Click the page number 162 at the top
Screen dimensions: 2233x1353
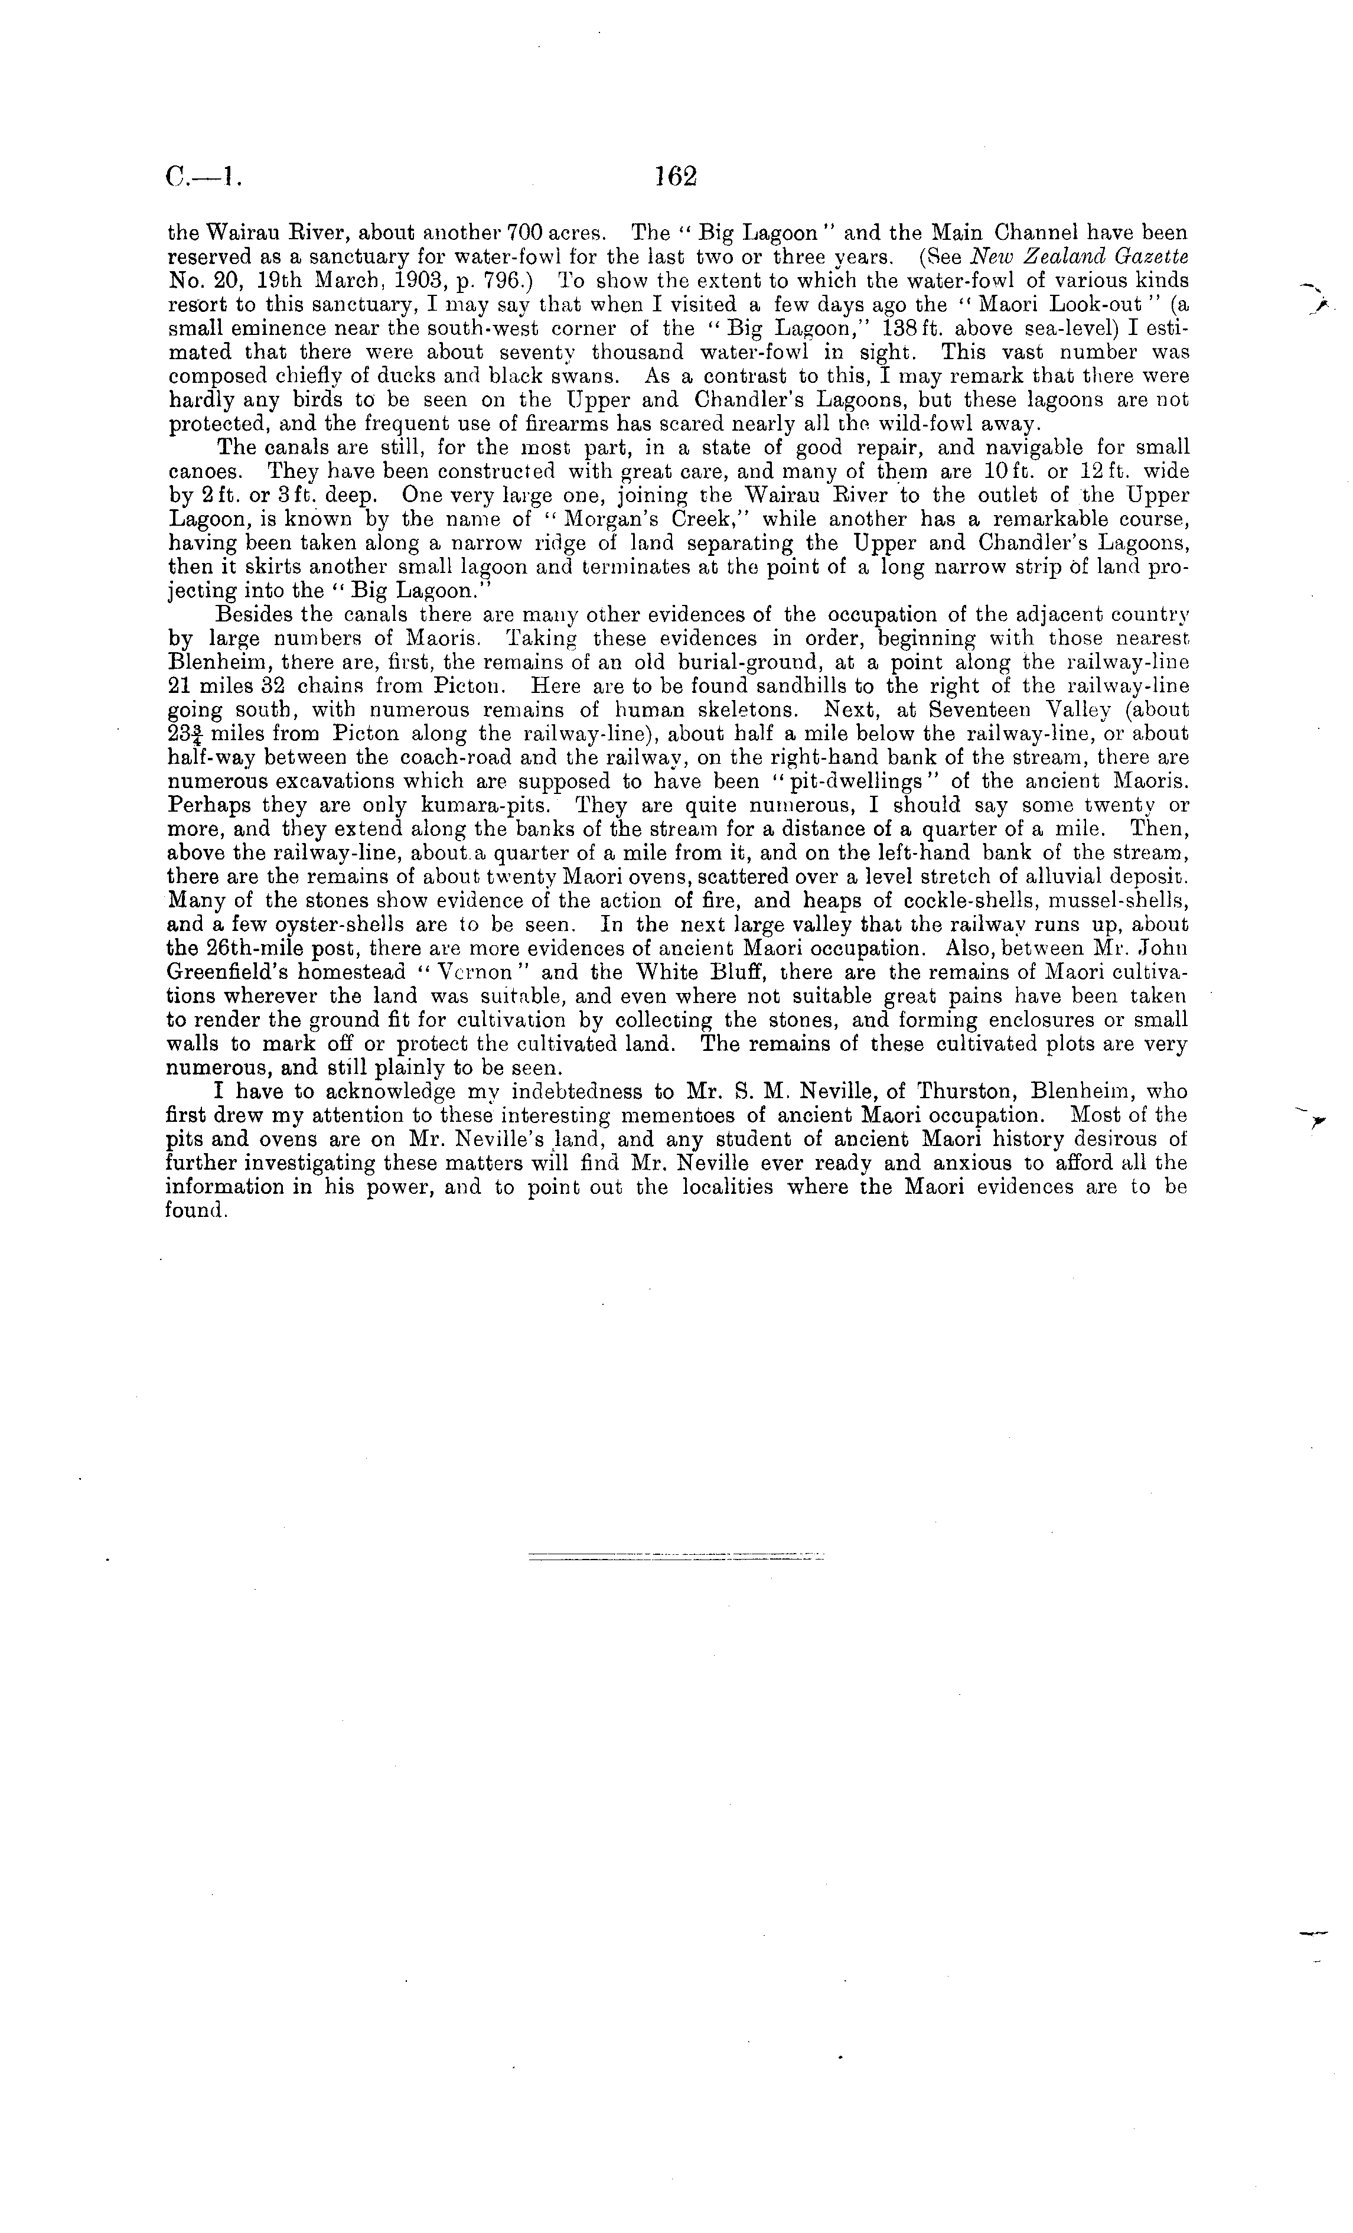tap(675, 176)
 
